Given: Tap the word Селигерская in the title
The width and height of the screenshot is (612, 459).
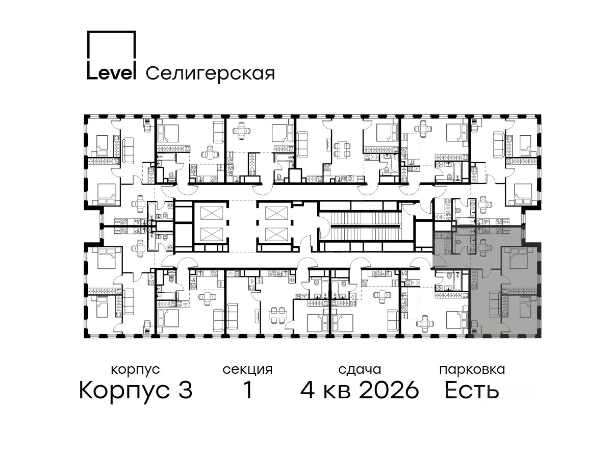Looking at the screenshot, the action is click(211, 73).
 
